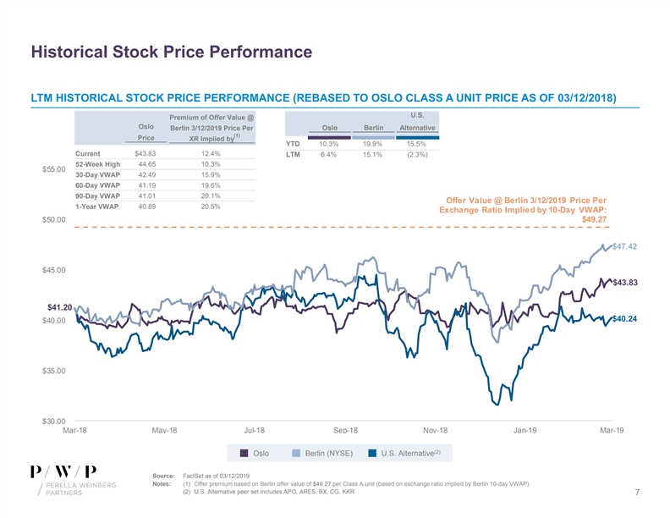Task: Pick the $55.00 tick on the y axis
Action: click(55, 169)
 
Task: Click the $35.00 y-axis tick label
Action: click(55, 371)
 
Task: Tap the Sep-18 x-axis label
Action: click(348, 431)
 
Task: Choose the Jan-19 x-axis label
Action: click(525, 431)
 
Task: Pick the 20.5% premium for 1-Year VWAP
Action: click(211, 207)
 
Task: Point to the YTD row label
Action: click(294, 144)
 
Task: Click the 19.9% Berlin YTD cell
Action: click(373, 144)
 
